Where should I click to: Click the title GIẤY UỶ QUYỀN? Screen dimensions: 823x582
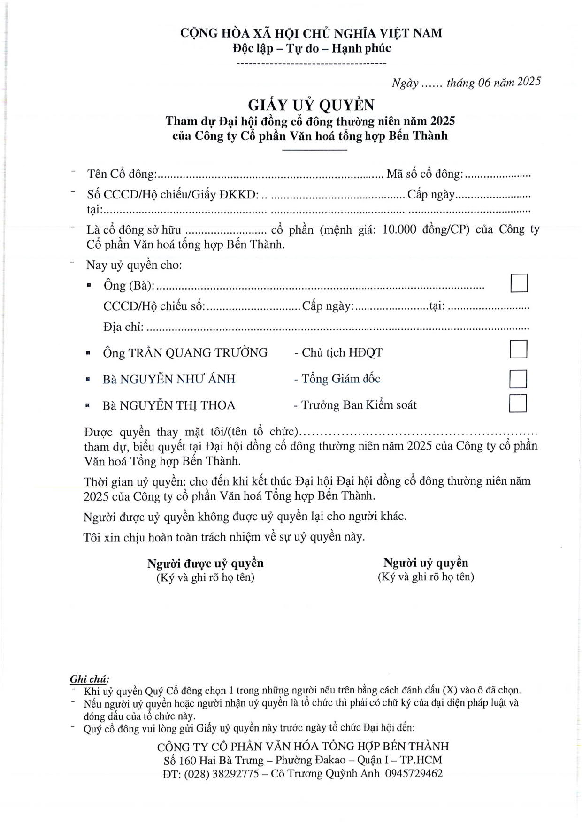coord(311,105)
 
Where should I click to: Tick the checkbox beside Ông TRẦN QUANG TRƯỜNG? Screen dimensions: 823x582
coord(518,349)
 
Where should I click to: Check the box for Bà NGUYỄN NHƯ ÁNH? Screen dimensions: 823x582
coord(518,379)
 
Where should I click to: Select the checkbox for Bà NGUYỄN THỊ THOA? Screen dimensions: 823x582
coord(518,404)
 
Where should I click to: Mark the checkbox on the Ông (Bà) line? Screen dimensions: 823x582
coord(519,283)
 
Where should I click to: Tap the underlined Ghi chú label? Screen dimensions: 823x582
coord(89,679)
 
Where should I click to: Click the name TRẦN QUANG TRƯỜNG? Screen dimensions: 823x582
coord(198,352)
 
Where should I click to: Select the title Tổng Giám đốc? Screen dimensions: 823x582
coord(341,379)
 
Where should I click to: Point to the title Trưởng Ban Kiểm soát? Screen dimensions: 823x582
coord(359,405)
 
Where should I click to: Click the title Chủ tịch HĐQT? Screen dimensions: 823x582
coord(342,352)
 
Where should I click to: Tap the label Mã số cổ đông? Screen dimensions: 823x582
coord(424,174)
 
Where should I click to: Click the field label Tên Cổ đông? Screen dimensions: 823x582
coord(122,174)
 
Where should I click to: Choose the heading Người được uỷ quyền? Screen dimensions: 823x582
coord(205,563)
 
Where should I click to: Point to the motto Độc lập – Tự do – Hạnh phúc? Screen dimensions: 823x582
coord(312,48)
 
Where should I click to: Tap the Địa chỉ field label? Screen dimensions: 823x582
coord(123,327)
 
